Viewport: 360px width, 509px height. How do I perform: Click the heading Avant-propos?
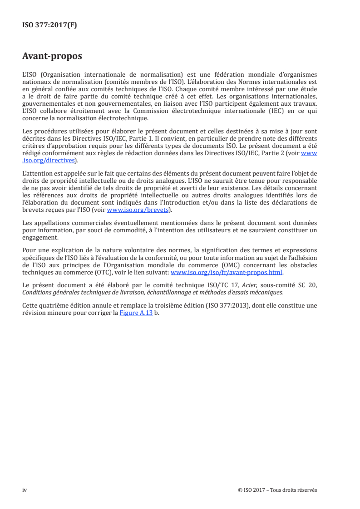[x=52, y=57]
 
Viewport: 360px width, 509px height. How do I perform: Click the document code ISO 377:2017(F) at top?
[x=49, y=25]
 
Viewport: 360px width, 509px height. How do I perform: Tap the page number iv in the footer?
[x=25, y=490]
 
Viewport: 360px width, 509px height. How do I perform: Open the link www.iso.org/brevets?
[x=137, y=210]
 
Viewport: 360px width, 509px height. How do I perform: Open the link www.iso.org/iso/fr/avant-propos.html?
[x=226, y=273]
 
